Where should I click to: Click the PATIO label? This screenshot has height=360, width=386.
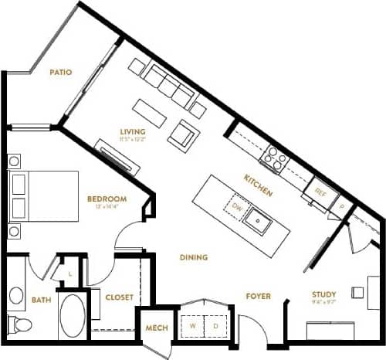(61, 73)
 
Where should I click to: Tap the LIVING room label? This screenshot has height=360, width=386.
(134, 131)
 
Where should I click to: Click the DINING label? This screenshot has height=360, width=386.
(192, 257)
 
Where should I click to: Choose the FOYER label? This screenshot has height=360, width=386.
(257, 296)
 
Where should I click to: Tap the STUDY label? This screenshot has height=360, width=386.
(323, 294)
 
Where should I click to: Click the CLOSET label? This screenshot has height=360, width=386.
(119, 297)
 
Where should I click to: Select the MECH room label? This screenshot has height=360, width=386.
(157, 328)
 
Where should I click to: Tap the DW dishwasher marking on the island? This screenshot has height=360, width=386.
(237, 206)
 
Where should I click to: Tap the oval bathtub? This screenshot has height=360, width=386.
(74, 317)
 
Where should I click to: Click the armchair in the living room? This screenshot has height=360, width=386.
(185, 136)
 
